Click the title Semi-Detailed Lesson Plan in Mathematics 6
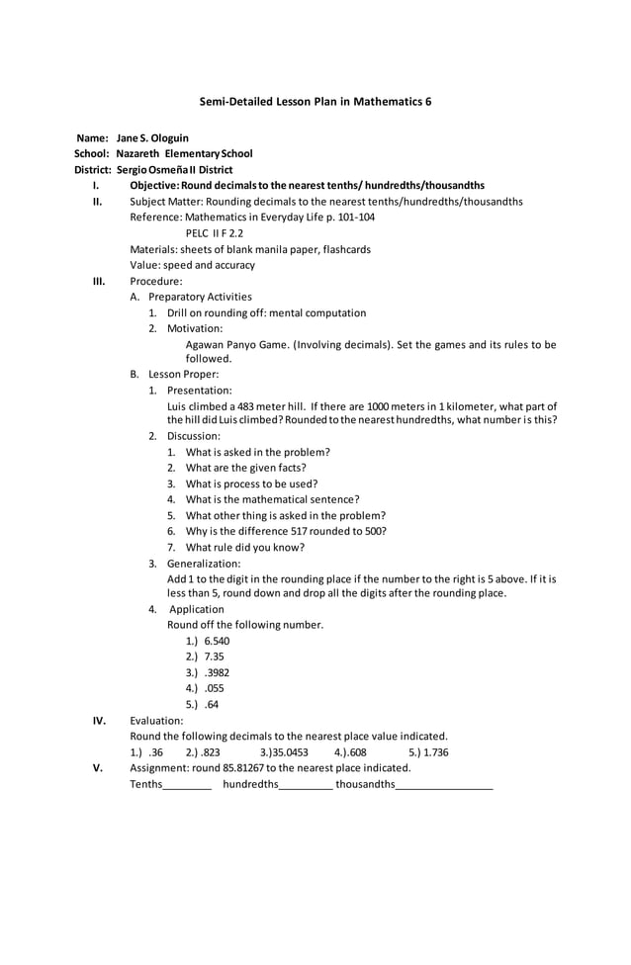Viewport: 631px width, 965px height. [x=315, y=101]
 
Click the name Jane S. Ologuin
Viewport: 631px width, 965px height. [x=152, y=137]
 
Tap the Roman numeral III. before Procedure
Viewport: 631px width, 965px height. [x=99, y=281]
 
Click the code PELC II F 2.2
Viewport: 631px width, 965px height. [x=215, y=233]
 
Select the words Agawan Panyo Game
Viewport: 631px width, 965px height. [x=236, y=344]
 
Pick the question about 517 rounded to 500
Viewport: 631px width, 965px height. [x=286, y=531]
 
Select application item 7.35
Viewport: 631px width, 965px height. [x=215, y=657]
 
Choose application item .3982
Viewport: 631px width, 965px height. [x=217, y=672]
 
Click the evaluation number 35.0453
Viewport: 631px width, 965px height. [x=286, y=751]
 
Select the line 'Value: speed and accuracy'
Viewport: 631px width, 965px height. [x=192, y=265]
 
